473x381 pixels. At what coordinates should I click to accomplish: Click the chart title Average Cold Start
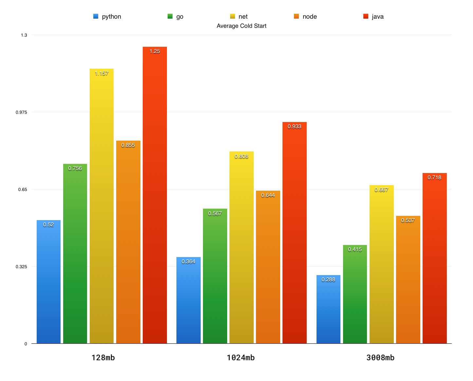[x=241, y=26]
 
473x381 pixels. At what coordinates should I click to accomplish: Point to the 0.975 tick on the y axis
[x=22, y=112]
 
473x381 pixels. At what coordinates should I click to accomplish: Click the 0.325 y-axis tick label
[x=22, y=267]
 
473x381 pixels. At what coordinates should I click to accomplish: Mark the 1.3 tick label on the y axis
[x=24, y=35]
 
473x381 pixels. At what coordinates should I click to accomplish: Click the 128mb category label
[x=103, y=357]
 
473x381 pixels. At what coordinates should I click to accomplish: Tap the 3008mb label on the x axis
[x=380, y=357]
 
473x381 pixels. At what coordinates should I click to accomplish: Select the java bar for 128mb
[x=155, y=196]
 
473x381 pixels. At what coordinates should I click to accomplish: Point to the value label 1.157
[x=101, y=74]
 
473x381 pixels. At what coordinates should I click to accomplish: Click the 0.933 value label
[x=294, y=127]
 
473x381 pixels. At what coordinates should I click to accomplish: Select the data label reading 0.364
[x=188, y=262]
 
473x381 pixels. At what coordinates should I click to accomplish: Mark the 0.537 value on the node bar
[x=408, y=220]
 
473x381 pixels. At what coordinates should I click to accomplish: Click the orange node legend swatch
[x=296, y=16]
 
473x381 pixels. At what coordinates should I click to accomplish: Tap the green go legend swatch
[x=170, y=16]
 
